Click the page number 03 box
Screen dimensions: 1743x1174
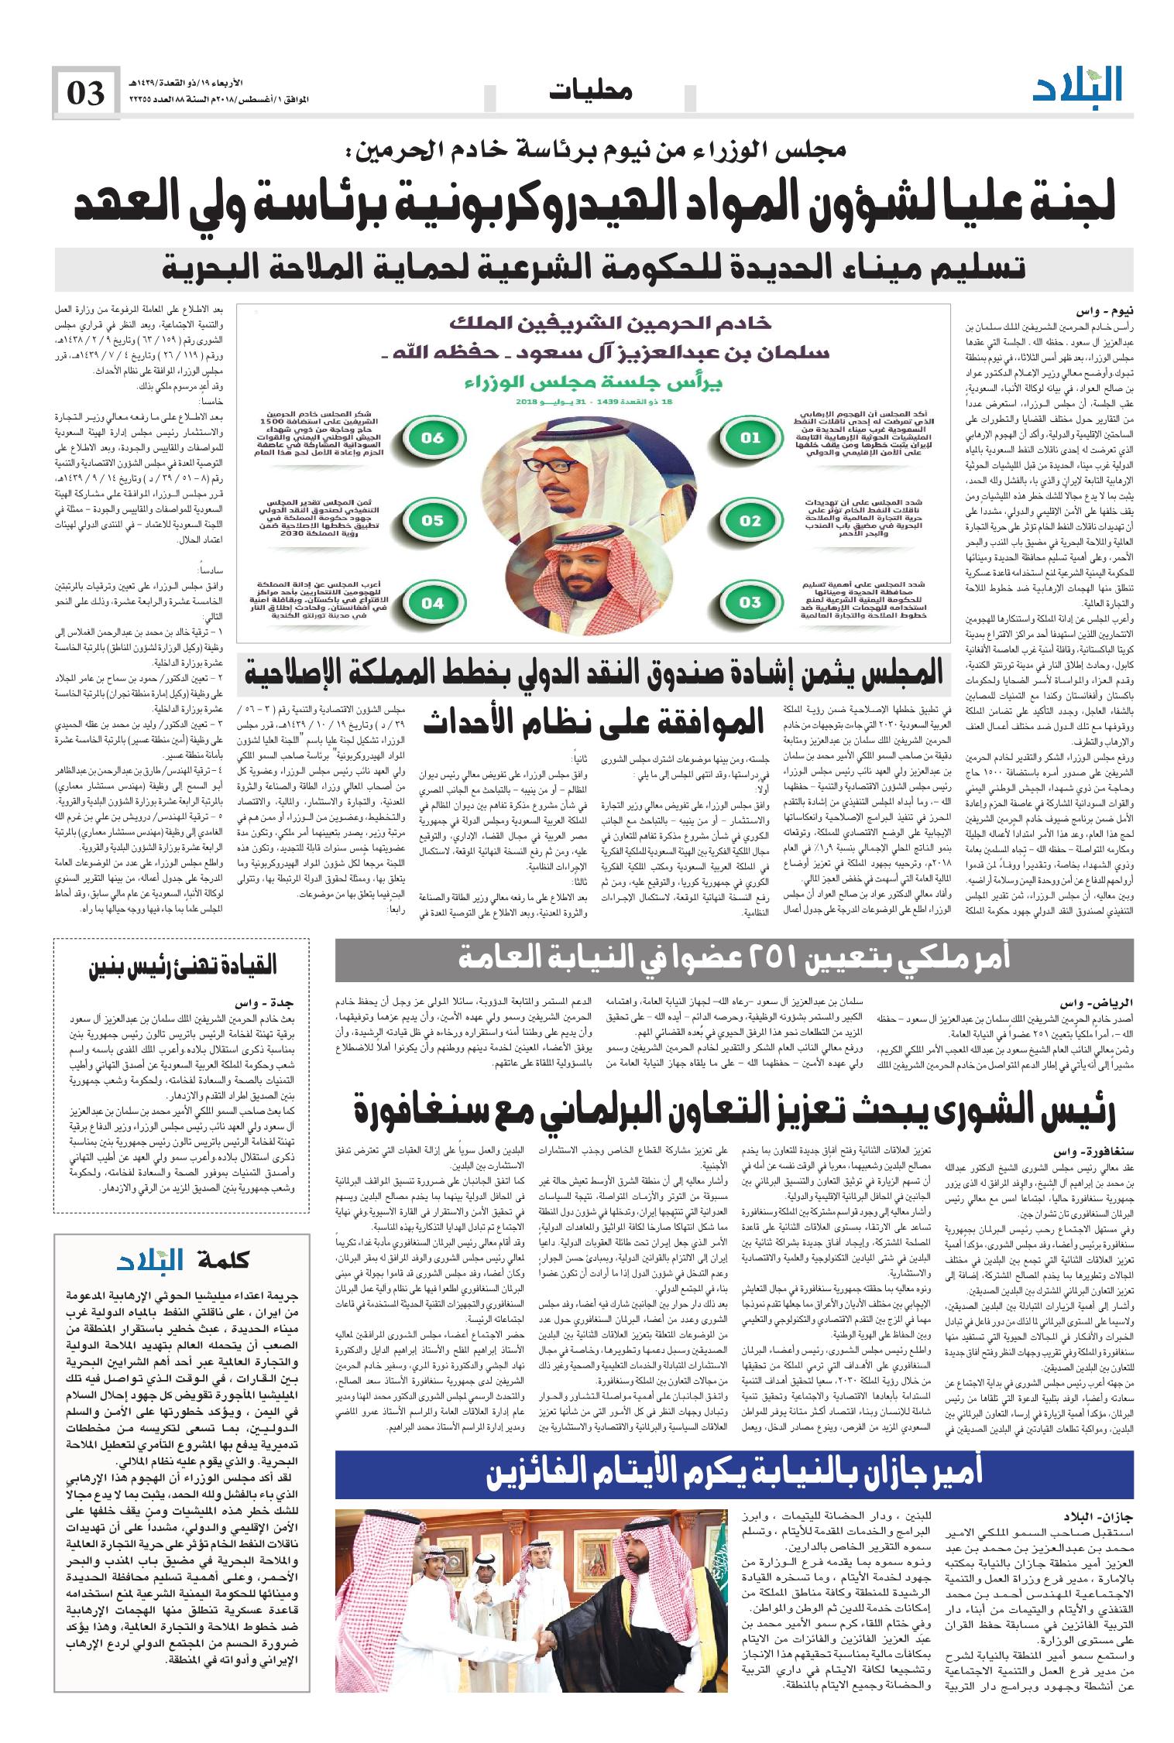point(85,93)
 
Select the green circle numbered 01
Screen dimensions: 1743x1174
point(750,438)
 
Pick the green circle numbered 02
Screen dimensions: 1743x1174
point(750,520)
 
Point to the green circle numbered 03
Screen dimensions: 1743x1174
point(750,601)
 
